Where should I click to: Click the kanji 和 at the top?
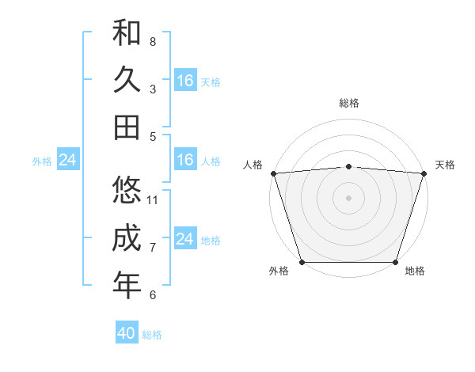pyautogui.click(x=127, y=32)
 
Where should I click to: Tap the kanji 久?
pyautogui.click(x=127, y=80)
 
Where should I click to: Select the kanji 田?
pyautogui.click(x=127, y=127)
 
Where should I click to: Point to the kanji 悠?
pyautogui.click(x=127, y=190)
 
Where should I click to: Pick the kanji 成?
pyautogui.click(x=127, y=237)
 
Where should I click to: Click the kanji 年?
pyautogui.click(x=127, y=285)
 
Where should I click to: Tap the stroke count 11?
pyautogui.click(x=153, y=200)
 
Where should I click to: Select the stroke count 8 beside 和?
pyautogui.click(x=153, y=42)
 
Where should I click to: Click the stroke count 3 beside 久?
pyautogui.click(x=153, y=89)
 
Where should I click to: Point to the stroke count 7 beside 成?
pyautogui.click(x=153, y=248)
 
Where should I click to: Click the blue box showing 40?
pyautogui.click(x=127, y=333)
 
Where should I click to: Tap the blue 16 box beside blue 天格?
pyautogui.click(x=185, y=81)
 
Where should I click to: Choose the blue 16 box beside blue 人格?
pyautogui.click(x=185, y=161)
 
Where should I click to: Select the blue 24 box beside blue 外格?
pyautogui.click(x=67, y=161)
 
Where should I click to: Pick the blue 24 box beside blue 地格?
pyautogui.click(x=185, y=239)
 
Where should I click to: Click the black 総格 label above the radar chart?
pyautogui.click(x=348, y=103)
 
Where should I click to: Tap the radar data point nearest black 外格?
pyautogui.click(x=302, y=262)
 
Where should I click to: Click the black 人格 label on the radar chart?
pyautogui.click(x=253, y=165)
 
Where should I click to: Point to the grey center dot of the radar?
pyautogui.click(x=348, y=197)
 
